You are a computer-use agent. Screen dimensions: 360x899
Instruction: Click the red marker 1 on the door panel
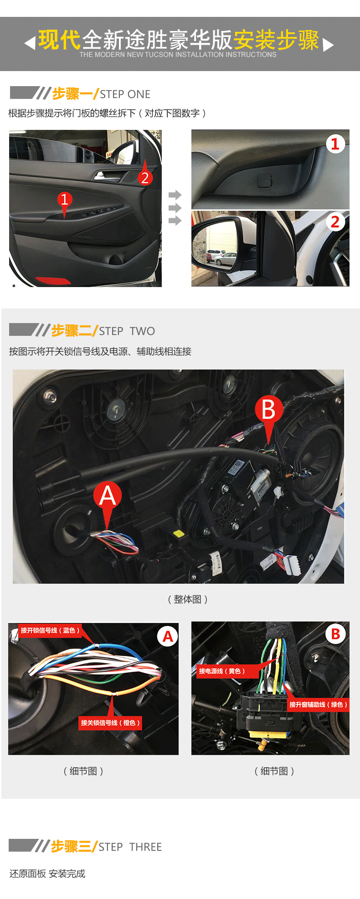click(64, 200)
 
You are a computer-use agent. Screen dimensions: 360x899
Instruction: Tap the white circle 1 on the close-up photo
click(335, 144)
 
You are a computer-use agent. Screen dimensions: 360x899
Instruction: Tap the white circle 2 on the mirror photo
click(335, 222)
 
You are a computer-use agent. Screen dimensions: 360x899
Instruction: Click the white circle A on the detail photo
click(168, 636)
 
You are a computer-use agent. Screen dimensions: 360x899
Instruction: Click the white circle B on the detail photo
click(335, 634)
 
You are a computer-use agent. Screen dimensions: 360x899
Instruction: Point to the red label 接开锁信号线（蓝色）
click(50, 630)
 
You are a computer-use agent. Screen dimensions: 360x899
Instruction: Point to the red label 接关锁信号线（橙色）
click(110, 723)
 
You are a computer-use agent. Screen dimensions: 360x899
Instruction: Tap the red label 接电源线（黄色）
click(222, 671)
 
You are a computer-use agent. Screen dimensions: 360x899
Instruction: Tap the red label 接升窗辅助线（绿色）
click(319, 704)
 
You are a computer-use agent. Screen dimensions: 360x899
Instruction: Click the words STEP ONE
click(125, 94)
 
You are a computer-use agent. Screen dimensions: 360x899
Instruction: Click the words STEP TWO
click(127, 331)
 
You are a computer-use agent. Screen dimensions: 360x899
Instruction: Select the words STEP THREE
click(130, 847)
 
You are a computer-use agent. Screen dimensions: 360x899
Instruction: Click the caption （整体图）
click(187, 599)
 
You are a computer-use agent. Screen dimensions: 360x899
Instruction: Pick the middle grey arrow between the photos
click(175, 208)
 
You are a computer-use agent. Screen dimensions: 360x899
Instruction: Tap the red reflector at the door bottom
click(53, 280)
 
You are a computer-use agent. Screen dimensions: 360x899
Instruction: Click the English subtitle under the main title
click(178, 55)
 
